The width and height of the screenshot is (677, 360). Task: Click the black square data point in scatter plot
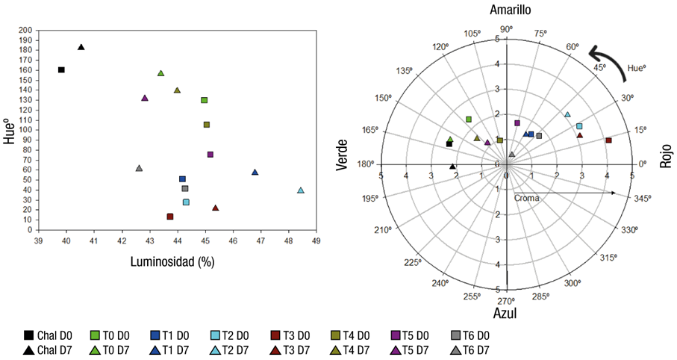click(61, 70)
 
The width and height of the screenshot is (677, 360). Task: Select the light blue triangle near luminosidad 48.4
click(301, 190)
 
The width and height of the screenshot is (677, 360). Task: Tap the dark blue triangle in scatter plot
click(255, 173)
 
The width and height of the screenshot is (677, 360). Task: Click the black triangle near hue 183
click(81, 47)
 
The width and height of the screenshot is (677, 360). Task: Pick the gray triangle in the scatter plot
click(139, 168)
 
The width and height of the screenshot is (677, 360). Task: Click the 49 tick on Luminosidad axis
click(316, 240)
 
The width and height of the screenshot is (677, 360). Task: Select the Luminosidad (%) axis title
click(178, 262)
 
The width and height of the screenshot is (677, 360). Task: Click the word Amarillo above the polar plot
click(511, 10)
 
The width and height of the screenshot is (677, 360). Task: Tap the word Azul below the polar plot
click(506, 314)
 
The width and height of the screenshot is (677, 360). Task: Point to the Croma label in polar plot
click(526, 199)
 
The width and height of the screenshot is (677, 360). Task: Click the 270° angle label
click(507, 301)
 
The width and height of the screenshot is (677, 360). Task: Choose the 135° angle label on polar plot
click(405, 71)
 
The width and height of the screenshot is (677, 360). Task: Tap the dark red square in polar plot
click(608, 140)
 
